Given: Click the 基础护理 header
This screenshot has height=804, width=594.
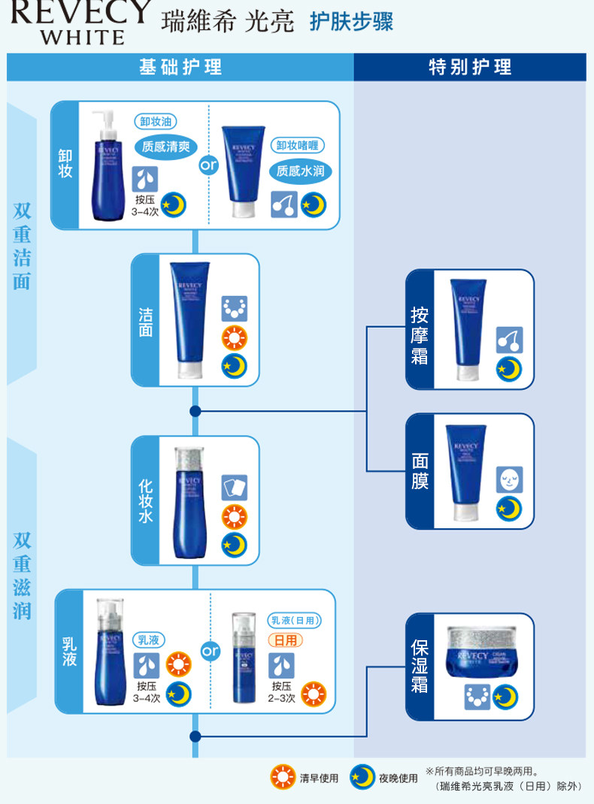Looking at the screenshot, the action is pyautogui.click(x=180, y=67).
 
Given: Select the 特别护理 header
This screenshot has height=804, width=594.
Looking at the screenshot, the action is pyautogui.click(x=470, y=67).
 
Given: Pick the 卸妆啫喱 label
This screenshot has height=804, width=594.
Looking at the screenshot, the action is pyautogui.click(x=300, y=146).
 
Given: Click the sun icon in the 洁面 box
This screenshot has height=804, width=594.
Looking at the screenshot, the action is pyautogui.click(x=235, y=337).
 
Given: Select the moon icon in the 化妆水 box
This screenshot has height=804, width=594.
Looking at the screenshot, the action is pyautogui.click(x=235, y=545).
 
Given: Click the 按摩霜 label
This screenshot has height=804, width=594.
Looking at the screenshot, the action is pyautogui.click(x=420, y=335).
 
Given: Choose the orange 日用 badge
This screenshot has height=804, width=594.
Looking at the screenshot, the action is pyautogui.click(x=286, y=640).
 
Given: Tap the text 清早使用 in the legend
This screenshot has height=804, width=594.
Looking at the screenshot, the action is pyautogui.click(x=319, y=778).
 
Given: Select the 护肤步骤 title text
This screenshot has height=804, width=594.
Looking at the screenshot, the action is pyautogui.click(x=351, y=22).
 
